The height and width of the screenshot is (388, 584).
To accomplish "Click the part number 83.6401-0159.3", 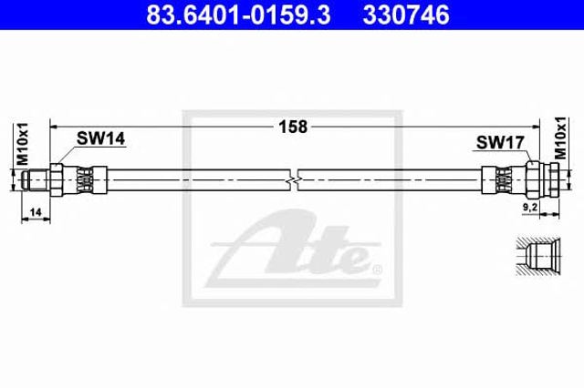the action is [x=238, y=15].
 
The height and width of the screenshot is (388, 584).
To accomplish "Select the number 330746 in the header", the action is [x=406, y=15].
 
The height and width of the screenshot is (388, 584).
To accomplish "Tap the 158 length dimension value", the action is [x=293, y=127].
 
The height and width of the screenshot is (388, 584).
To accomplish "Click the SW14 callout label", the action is [x=100, y=138].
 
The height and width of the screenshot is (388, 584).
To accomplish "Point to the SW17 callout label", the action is [x=500, y=142].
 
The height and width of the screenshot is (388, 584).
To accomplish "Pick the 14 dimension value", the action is [x=36, y=212].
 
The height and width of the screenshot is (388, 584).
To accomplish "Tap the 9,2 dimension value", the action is [x=529, y=208].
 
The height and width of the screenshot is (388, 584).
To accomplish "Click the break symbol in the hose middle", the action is [x=294, y=180].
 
